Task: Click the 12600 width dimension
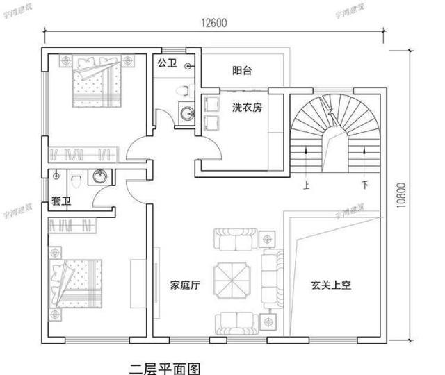point(214,22)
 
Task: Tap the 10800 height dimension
point(401,195)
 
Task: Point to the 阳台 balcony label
point(241,71)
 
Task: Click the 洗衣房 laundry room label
point(247,108)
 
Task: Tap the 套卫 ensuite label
point(61,201)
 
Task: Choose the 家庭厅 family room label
point(185,285)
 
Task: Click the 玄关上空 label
point(331,284)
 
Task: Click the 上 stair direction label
point(307,185)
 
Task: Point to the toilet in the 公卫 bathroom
point(183,90)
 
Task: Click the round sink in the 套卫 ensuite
point(100,177)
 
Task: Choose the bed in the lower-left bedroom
point(76,281)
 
